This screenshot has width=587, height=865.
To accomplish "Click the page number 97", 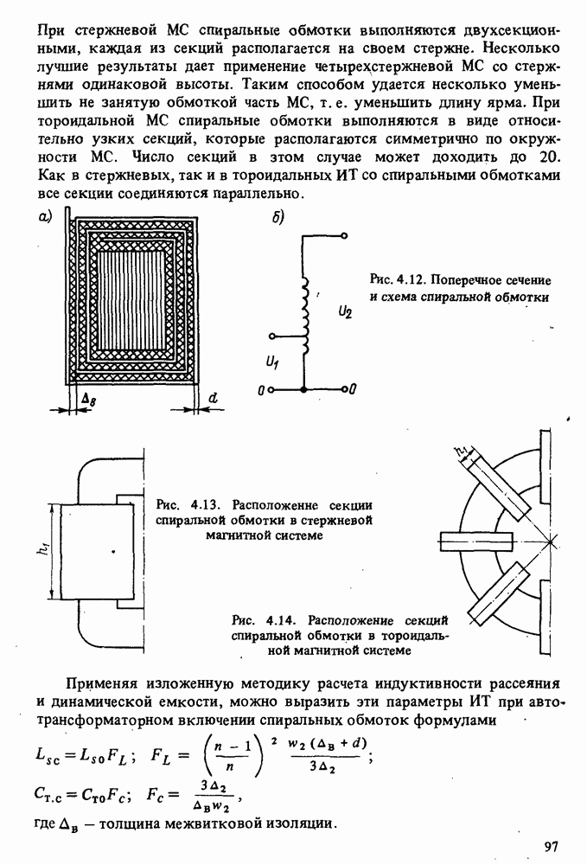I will tap(552, 845).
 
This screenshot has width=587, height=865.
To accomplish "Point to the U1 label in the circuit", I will tap(274, 357).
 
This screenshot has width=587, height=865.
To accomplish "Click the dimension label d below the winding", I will tap(213, 399).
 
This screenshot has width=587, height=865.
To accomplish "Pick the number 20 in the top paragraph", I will tap(549, 158).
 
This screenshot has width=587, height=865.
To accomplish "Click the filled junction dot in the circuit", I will tap(303, 391).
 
